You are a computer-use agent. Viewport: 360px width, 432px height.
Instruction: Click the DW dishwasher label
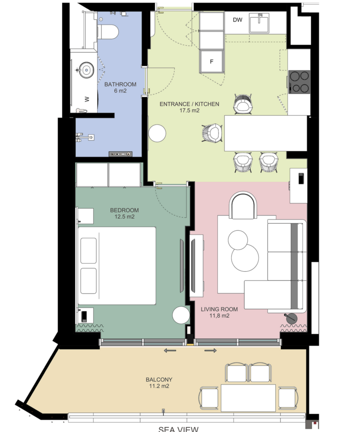point(237,20)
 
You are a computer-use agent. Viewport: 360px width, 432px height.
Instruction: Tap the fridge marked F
point(211,61)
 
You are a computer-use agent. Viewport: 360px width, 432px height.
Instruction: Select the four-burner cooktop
point(299,81)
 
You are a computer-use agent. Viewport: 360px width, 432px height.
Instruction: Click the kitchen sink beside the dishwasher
point(259,23)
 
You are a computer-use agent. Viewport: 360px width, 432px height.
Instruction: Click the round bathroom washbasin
point(86,70)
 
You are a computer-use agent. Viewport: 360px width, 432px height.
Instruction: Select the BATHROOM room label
point(120,84)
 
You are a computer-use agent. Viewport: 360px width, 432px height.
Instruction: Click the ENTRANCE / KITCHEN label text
point(189,104)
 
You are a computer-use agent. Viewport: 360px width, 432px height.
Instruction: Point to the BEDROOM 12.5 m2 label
point(125,213)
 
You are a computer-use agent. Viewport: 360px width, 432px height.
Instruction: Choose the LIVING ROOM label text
point(219,309)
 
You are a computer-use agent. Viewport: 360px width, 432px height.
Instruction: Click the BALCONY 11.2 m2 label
point(159,383)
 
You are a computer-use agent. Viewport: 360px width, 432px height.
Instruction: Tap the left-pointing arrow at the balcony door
point(170,351)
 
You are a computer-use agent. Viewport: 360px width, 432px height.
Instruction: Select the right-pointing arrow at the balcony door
point(210,351)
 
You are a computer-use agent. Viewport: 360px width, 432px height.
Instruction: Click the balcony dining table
point(248,398)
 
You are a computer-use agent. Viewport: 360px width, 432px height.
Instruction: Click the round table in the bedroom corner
point(181,315)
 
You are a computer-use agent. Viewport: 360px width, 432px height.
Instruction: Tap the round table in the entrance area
point(157,133)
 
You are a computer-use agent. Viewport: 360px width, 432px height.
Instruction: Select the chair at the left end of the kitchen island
point(212,133)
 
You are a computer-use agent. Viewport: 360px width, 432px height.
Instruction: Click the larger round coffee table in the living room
point(245,258)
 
